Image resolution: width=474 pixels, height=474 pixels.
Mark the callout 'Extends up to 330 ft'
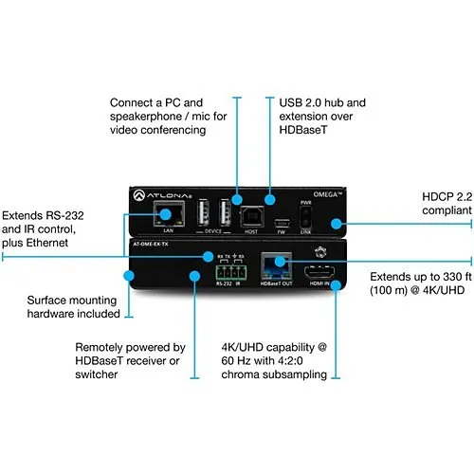[x=417, y=282]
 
